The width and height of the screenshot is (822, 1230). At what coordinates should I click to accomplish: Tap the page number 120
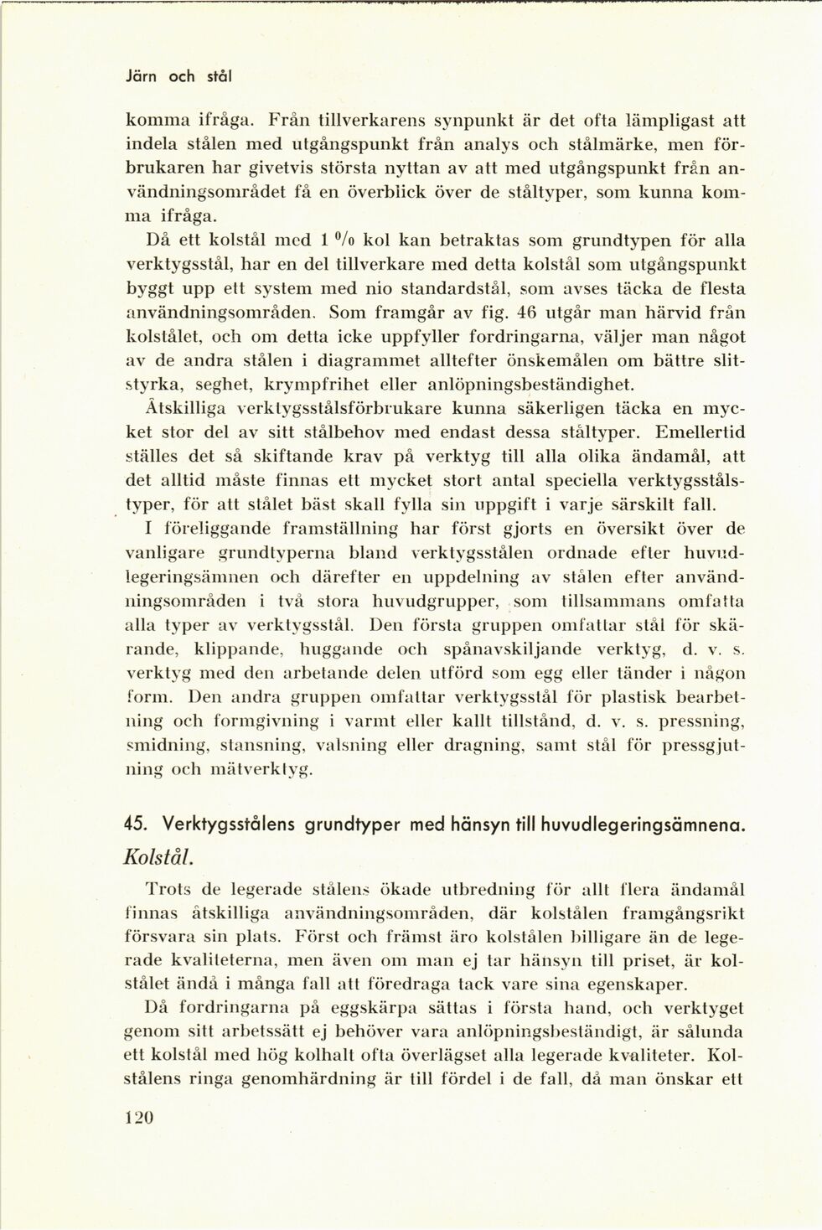click(x=139, y=1117)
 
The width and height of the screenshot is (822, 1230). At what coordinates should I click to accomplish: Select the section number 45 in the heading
click(x=134, y=824)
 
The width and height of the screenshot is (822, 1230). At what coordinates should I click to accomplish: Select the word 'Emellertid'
click(x=701, y=433)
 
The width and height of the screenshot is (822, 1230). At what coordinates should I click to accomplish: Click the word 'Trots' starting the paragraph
click(x=170, y=890)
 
